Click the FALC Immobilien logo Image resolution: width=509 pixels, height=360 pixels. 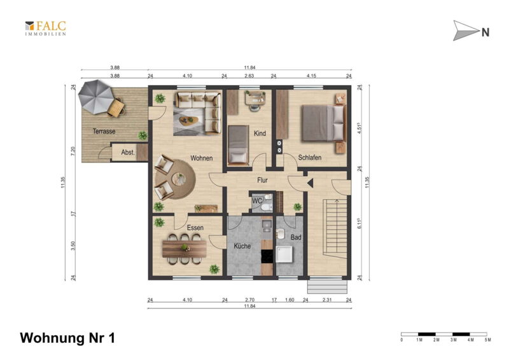(45, 28)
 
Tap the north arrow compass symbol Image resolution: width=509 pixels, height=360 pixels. (471, 31)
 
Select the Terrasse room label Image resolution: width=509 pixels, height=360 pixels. (104, 132)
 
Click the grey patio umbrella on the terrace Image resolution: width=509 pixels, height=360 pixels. (96, 97)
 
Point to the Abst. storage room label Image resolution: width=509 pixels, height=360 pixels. (128, 152)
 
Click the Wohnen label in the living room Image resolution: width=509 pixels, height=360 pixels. (201, 158)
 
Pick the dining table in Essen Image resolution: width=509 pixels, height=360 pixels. (185, 249)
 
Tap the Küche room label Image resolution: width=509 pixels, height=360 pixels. (242, 246)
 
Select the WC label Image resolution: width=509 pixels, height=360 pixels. (257, 201)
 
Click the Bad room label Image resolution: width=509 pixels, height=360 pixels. (296, 238)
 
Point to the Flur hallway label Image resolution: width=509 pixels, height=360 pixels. (262, 180)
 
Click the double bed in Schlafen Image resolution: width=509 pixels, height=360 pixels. (324, 123)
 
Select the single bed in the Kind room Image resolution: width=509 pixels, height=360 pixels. (238, 144)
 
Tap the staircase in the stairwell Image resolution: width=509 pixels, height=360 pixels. (335, 229)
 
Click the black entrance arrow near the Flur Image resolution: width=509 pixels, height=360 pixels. (310, 183)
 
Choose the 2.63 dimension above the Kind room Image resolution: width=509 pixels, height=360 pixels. (249, 76)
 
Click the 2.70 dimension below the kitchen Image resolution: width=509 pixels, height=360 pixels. (249, 300)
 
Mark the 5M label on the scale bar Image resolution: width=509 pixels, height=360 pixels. (488, 340)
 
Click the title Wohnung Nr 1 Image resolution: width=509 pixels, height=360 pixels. (67, 338)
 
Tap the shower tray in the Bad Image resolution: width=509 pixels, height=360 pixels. (284, 254)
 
